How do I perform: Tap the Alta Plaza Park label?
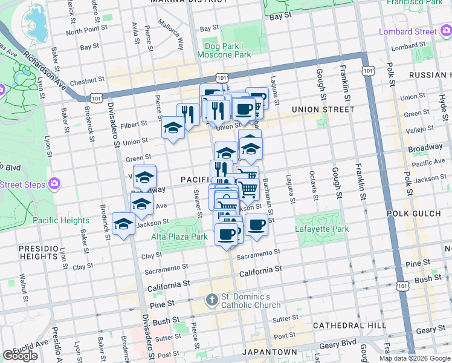pos(179,237)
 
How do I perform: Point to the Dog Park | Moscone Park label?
pos(224,50)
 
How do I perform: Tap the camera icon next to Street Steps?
pos(54,183)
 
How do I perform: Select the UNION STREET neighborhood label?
pos(322,110)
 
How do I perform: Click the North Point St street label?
pos(86,30)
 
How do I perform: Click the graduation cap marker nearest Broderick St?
pos(124,224)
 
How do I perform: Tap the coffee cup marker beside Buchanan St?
pos(256,224)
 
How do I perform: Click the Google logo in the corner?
pos(20,356)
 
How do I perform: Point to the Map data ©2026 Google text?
pos(415,358)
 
